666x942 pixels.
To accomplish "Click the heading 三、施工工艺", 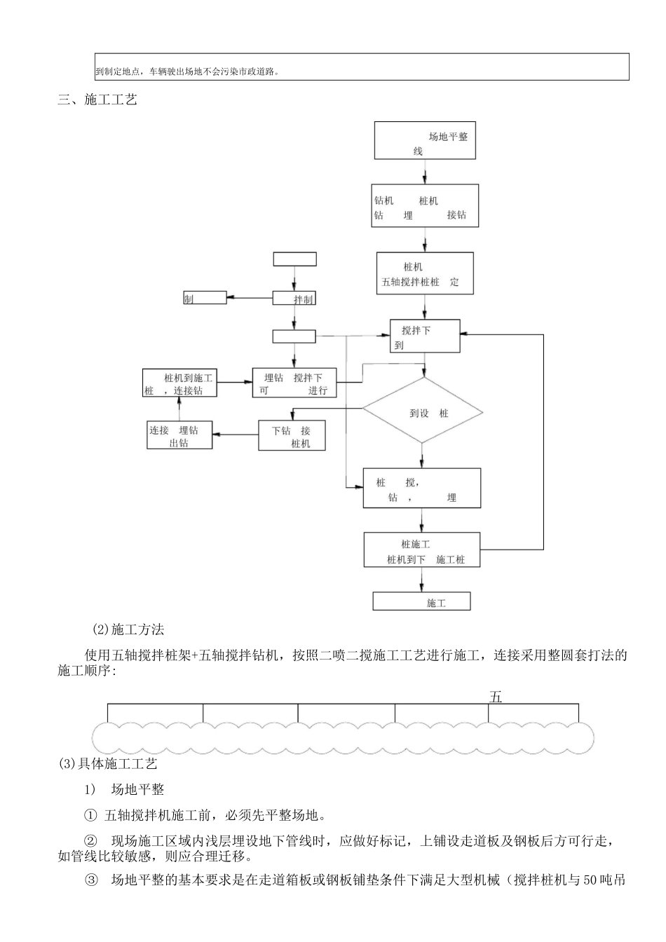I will (x=97, y=100).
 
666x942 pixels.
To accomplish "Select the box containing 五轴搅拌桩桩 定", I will (x=425, y=273).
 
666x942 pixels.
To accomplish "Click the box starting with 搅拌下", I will (x=425, y=336).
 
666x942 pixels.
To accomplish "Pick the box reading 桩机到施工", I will (x=180, y=383).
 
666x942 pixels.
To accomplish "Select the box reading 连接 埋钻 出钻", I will (x=179, y=435).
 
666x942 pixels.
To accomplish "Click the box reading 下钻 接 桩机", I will (x=292, y=435).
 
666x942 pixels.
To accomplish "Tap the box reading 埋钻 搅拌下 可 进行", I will (x=294, y=383).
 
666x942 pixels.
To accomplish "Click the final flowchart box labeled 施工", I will (x=421, y=601).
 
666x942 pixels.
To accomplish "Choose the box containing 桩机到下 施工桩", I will (x=421, y=550).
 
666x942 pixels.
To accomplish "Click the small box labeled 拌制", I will (x=294, y=298).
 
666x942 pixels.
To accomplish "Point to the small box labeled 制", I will (x=205, y=298).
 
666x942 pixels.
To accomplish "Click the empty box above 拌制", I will (x=294, y=259).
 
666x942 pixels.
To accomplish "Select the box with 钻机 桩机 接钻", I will (x=425, y=206).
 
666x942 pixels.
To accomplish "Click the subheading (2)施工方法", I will (x=128, y=629).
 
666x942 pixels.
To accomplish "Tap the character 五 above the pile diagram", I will (x=496, y=697).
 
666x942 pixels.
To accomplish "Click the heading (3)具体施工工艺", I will (x=108, y=763).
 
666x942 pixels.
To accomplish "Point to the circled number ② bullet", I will (x=90, y=840).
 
